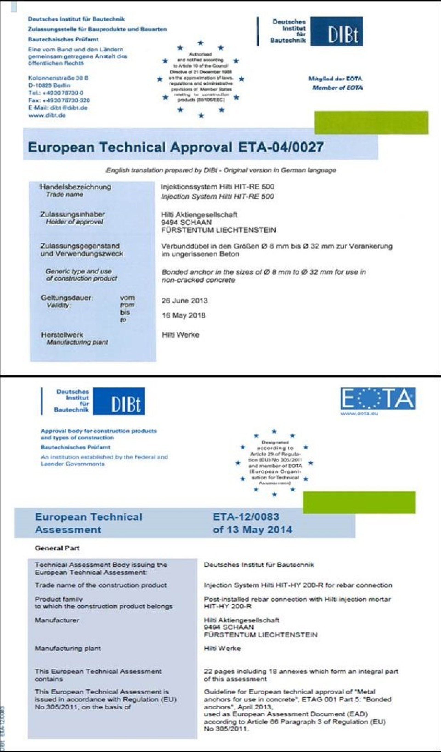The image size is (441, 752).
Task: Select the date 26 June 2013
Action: [184, 301]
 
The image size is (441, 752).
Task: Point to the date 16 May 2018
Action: [184, 315]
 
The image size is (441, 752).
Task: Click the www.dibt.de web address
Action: [47, 115]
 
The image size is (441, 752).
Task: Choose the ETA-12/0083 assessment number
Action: [246, 517]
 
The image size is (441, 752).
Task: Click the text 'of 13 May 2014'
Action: [252, 530]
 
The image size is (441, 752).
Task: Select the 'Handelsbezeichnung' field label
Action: [76, 187]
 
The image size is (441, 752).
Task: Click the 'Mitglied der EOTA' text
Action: [336, 79]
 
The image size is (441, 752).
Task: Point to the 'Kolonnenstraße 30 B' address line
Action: [58, 78]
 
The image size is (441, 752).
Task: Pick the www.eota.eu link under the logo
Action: [359, 414]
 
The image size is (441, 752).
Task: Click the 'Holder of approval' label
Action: [74, 222]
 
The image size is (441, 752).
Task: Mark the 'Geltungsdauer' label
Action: [67, 298]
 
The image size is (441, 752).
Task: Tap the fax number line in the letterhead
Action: [59, 100]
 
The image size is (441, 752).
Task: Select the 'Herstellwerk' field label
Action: [62, 335]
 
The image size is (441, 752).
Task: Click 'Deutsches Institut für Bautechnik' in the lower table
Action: [259, 565]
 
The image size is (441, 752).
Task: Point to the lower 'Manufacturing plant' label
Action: [68, 648]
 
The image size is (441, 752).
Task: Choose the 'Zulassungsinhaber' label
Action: [73, 214]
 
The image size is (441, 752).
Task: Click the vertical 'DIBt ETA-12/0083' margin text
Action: [3, 728]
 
